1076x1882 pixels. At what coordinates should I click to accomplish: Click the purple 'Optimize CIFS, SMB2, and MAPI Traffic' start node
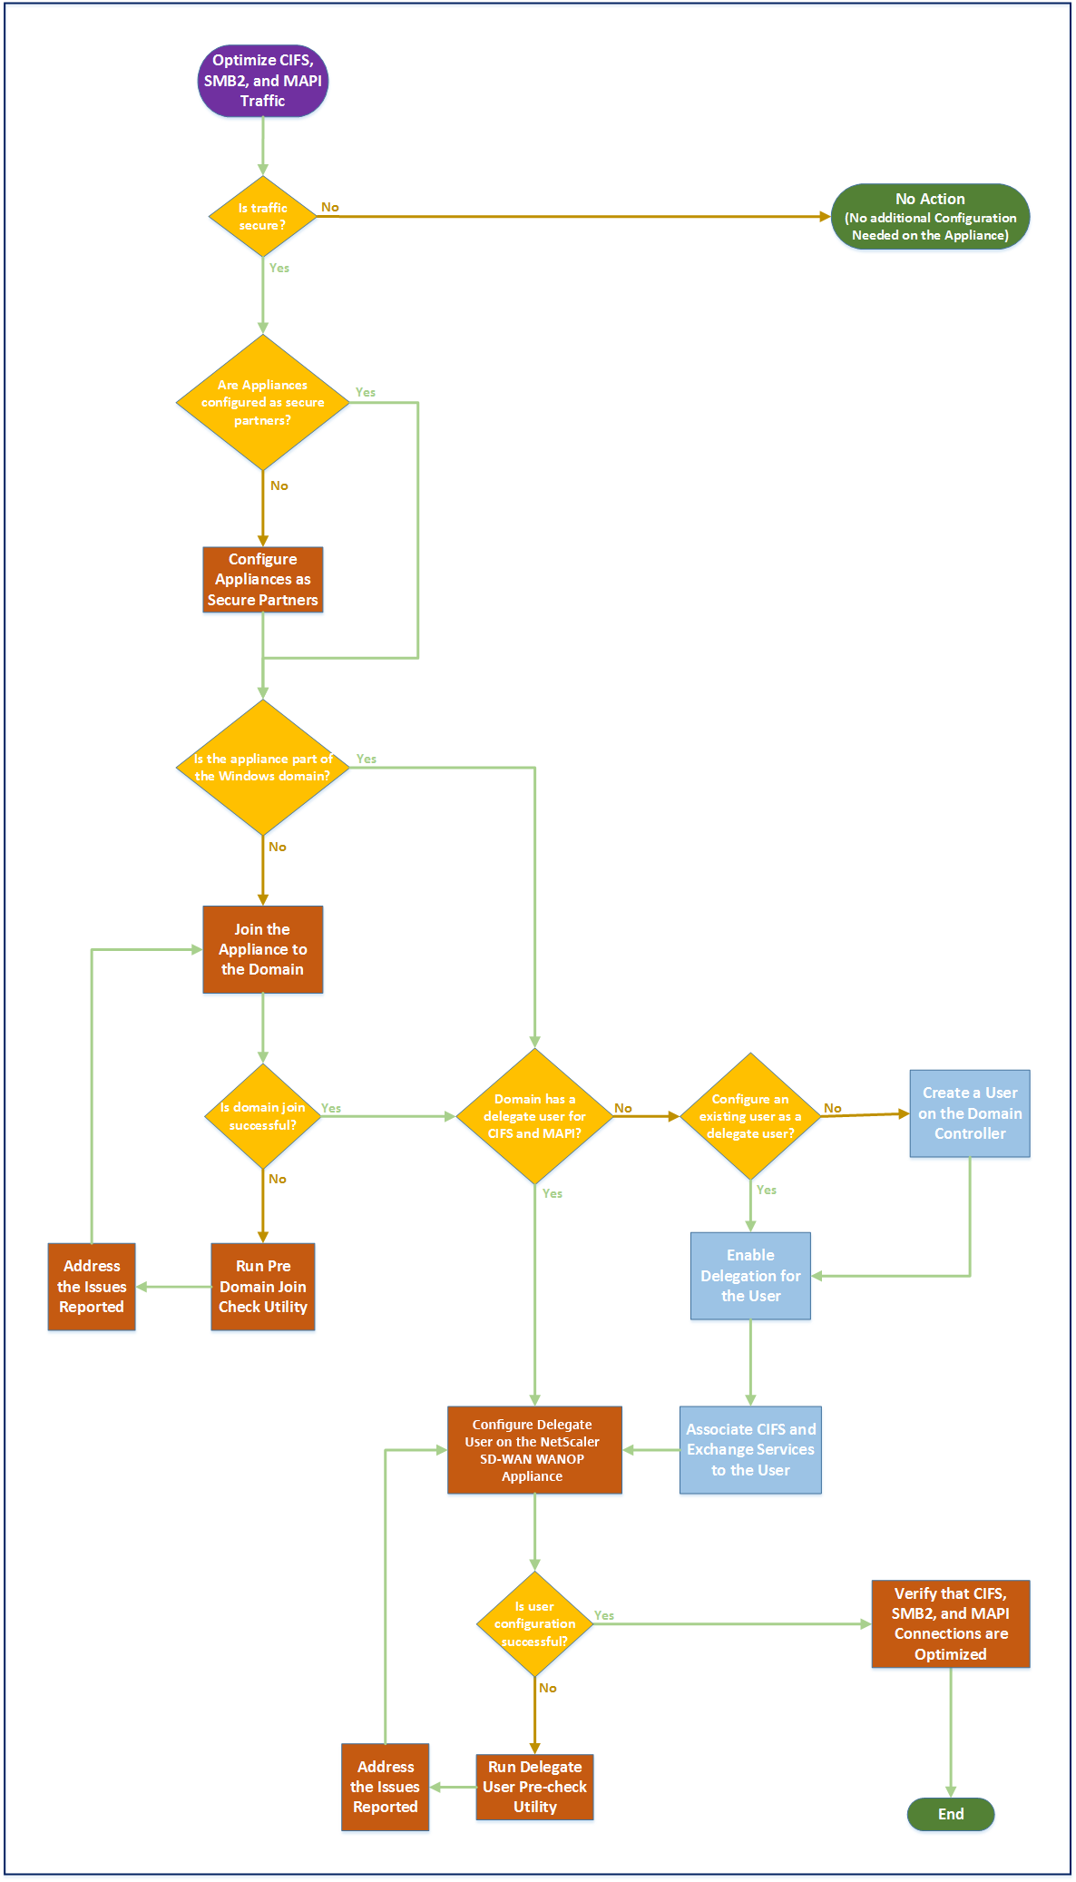(263, 81)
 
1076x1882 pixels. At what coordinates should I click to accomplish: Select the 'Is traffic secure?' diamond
(263, 217)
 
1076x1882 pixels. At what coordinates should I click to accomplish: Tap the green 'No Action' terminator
(931, 217)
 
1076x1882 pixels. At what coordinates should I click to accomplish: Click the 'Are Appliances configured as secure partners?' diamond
(263, 402)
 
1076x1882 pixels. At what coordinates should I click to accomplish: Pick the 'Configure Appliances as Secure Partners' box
(263, 579)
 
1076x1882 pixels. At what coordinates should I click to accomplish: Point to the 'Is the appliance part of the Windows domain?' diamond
(263, 768)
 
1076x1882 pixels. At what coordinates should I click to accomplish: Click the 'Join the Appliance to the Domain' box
(263, 949)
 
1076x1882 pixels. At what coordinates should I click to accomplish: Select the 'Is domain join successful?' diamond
(263, 1116)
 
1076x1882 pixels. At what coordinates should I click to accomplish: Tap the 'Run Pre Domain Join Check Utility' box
(263, 1287)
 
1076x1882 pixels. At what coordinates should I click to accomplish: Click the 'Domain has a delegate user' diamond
(535, 1116)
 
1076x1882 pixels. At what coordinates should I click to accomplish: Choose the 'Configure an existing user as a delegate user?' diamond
(750, 1116)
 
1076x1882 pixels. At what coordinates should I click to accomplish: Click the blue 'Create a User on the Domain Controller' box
(970, 1113)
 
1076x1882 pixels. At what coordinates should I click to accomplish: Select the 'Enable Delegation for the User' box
(750, 1276)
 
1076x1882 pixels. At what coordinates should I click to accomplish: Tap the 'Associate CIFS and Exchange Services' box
(750, 1450)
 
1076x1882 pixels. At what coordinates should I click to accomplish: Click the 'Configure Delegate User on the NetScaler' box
(535, 1450)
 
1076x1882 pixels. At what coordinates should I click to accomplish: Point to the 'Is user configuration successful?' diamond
(535, 1624)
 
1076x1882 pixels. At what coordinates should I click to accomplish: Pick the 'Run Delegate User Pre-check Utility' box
(535, 1787)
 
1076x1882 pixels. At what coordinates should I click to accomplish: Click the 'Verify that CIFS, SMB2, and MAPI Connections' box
(951, 1624)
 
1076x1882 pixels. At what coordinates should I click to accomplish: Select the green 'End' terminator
(951, 1814)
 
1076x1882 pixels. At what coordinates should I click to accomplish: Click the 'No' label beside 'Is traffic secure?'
(330, 207)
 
